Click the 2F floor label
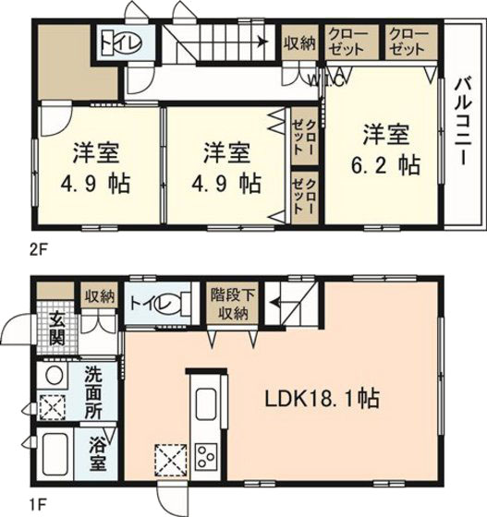point(38,248)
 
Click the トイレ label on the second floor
point(116,42)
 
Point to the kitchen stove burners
point(206,456)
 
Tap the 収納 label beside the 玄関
point(99,296)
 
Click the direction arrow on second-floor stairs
point(263,41)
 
